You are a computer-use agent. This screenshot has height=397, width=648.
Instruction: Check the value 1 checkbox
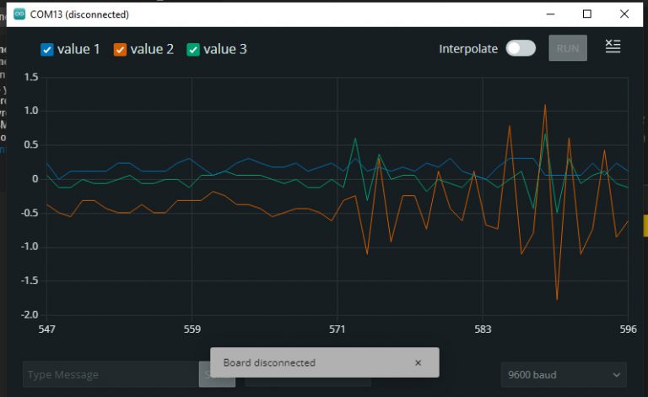point(47,50)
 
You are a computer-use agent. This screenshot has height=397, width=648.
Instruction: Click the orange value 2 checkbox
point(120,50)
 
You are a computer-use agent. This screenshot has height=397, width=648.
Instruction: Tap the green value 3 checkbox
point(193,50)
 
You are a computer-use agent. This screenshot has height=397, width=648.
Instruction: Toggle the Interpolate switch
point(521,48)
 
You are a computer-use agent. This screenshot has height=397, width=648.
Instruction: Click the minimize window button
point(550,14)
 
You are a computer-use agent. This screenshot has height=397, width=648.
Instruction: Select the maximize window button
point(587,14)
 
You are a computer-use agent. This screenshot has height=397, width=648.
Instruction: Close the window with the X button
point(624,14)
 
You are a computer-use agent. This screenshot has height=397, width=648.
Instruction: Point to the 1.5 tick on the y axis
point(31,77)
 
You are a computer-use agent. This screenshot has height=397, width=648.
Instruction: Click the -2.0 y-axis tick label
point(30,314)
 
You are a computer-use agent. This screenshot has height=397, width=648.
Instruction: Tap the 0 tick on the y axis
point(35,179)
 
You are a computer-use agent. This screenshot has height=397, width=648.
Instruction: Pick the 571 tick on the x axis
point(337,329)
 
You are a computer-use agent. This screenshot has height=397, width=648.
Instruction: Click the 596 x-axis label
point(628,329)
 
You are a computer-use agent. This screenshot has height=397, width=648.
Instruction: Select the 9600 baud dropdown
point(564,374)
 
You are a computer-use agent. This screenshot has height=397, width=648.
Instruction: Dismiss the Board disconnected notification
point(418,362)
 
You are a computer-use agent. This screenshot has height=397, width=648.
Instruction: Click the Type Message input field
point(110,374)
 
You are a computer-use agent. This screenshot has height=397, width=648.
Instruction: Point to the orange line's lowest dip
point(557,299)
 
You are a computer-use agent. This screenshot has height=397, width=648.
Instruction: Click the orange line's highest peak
point(545,105)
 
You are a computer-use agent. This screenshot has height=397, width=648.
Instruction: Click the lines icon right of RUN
point(613,47)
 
